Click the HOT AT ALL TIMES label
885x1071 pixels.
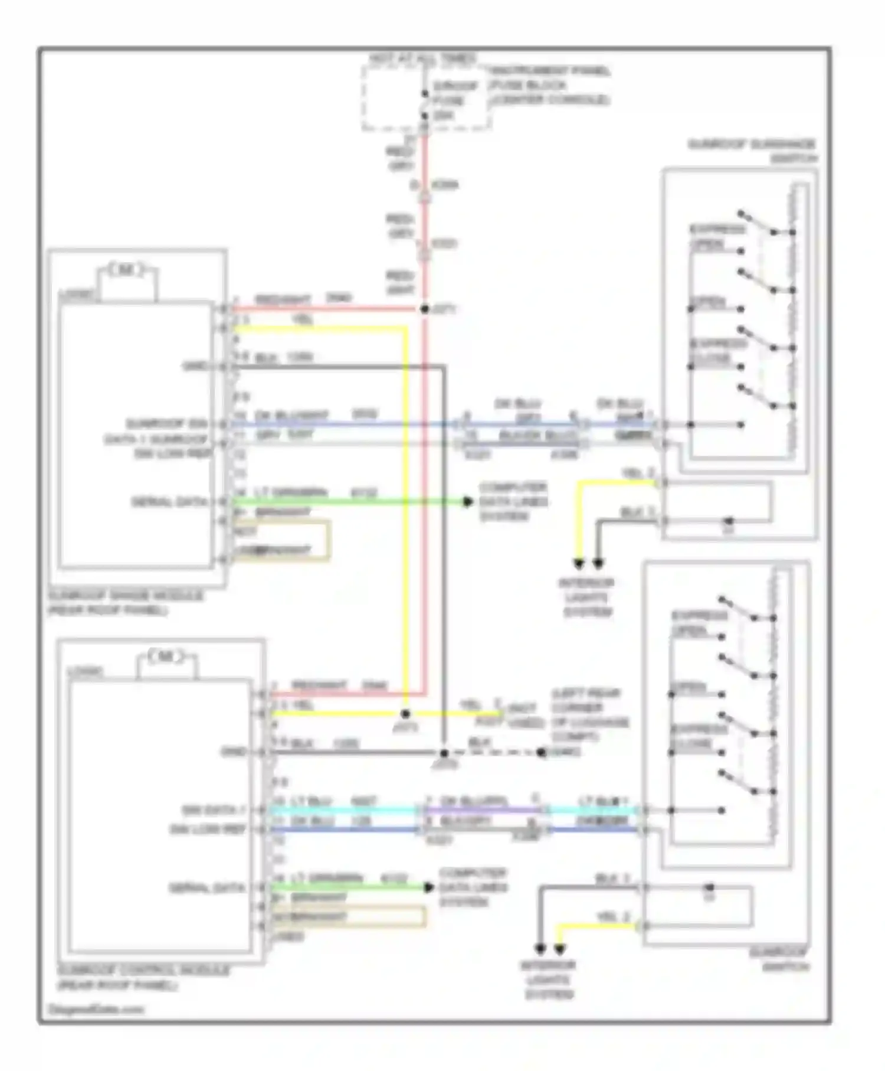(x=422, y=58)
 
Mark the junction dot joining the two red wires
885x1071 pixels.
(x=424, y=309)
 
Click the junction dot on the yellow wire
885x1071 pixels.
(x=405, y=714)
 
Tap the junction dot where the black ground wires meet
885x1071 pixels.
(x=444, y=753)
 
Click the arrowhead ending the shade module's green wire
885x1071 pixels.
(x=468, y=502)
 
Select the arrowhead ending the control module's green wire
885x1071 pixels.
(x=429, y=887)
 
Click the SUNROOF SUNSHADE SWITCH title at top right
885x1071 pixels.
(x=752, y=151)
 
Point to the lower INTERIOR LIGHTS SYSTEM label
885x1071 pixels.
(x=548, y=980)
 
